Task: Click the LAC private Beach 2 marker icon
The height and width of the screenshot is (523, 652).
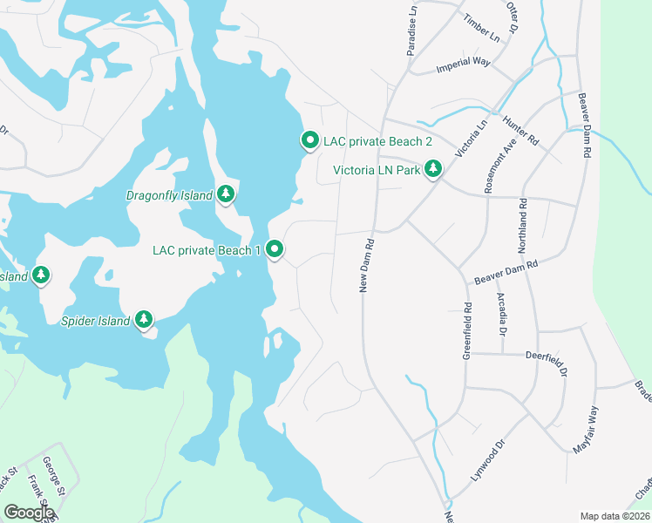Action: (x=309, y=139)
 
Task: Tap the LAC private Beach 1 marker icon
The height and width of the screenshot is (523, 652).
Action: (x=275, y=249)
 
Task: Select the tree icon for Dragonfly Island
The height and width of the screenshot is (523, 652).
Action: (x=226, y=194)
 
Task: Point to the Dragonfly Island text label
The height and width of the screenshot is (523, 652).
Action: (x=170, y=195)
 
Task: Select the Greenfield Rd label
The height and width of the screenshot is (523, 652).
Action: (x=468, y=330)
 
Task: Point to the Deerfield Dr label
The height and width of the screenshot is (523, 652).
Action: (x=547, y=363)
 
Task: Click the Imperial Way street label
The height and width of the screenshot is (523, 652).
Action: (x=465, y=62)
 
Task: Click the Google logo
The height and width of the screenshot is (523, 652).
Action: (x=29, y=512)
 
